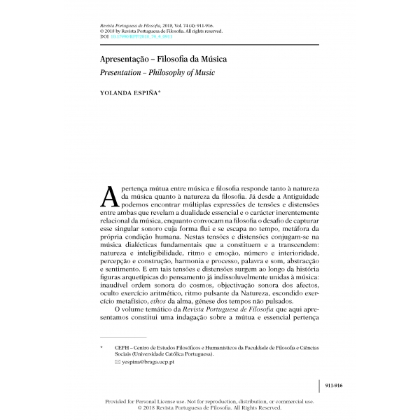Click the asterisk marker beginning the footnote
click(x=102, y=346)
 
